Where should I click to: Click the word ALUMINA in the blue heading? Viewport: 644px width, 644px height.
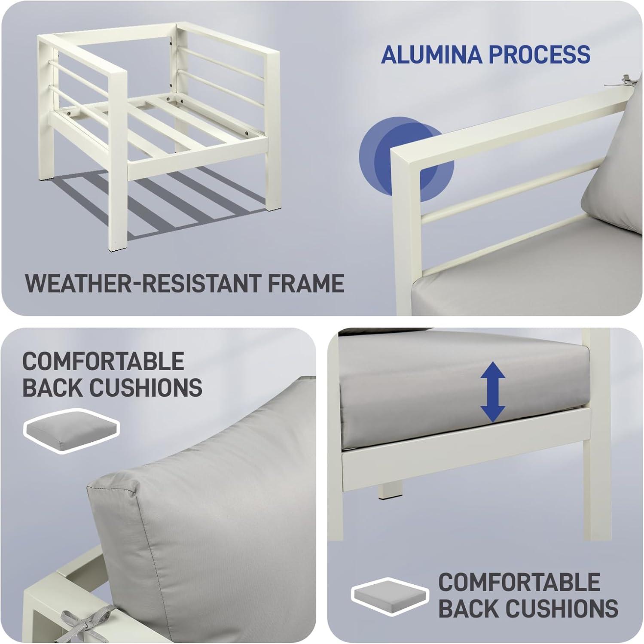(x=432, y=54)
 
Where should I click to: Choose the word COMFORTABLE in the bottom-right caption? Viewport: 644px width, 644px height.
(x=519, y=582)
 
